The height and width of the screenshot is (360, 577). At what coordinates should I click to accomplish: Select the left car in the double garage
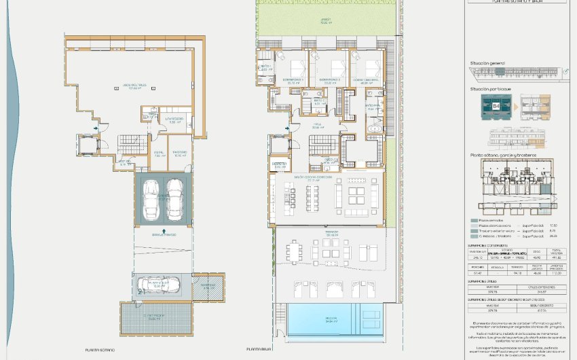pos(150,198)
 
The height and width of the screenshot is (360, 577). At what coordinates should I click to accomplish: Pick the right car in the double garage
pos(174,198)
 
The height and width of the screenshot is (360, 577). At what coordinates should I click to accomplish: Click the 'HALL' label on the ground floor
pos(316,125)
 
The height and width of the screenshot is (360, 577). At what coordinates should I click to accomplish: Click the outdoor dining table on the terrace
pos(295,252)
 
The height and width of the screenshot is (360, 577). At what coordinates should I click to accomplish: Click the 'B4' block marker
pos(496,106)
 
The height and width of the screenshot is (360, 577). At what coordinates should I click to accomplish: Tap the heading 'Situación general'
pos(487,62)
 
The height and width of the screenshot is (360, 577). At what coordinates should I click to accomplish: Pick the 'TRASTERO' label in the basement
pos(179,153)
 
